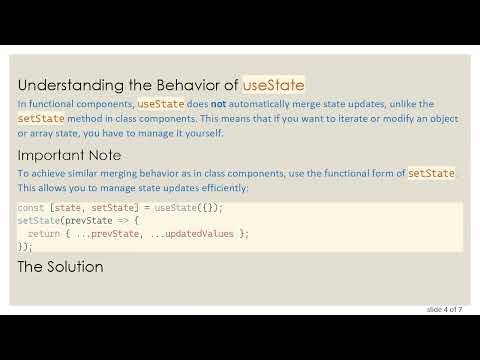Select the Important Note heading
[69, 156]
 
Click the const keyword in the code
[30, 207]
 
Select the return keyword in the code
[46, 233]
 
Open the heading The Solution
[60, 267]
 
